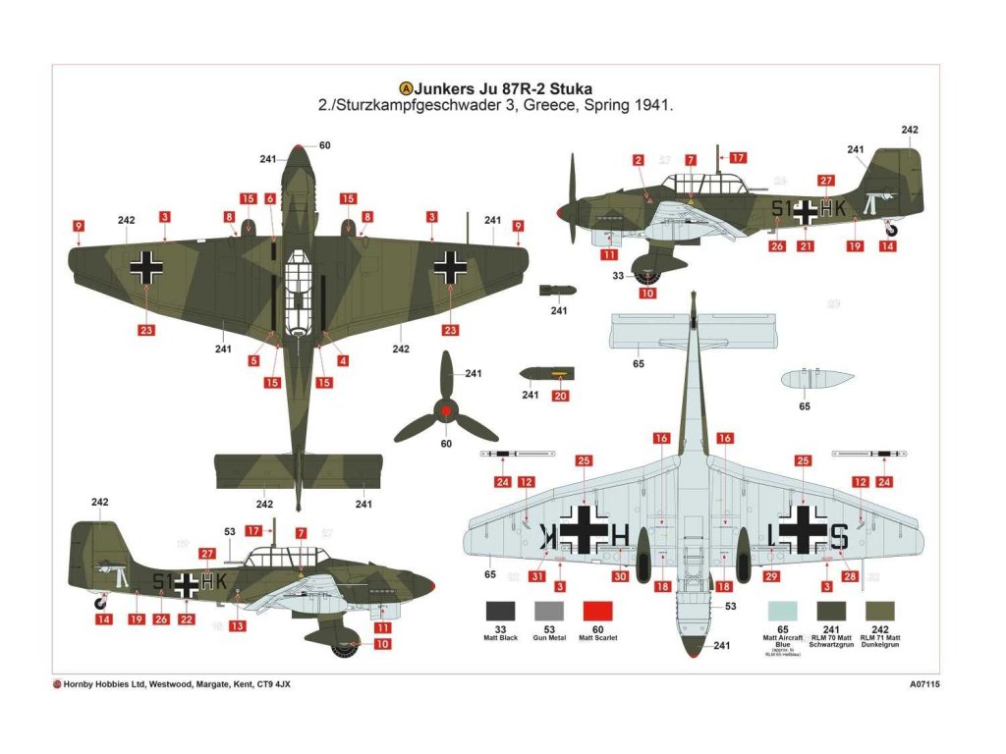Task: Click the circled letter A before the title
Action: click(404, 87)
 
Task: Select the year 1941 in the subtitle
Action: click(651, 105)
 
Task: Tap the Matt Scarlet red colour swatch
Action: click(597, 611)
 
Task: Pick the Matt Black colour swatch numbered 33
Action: click(500, 611)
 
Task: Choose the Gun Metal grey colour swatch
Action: click(548, 611)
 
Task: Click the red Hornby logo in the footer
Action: click(57, 685)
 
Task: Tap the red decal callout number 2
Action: click(638, 160)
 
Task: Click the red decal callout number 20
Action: click(561, 397)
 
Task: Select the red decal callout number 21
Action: click(806, 246)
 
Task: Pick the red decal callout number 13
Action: click(237, 626)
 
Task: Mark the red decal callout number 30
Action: click(620, 577)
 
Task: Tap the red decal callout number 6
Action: click(270, 199)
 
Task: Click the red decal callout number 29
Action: click(771, 577)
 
